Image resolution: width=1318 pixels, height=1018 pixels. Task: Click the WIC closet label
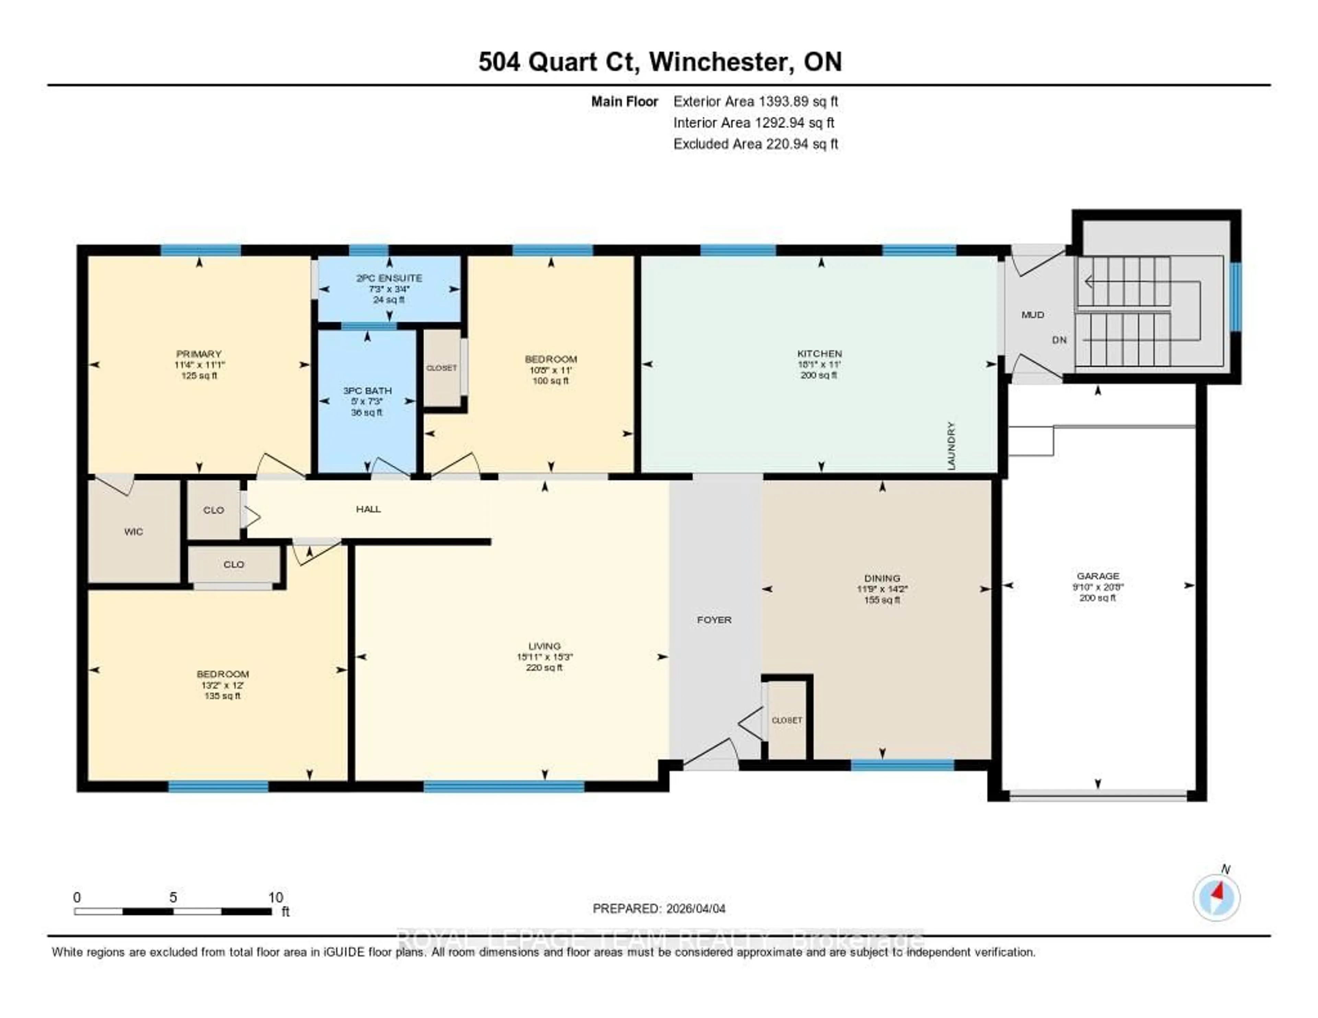click(134, 532)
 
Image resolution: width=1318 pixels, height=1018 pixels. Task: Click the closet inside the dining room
click(787, 720)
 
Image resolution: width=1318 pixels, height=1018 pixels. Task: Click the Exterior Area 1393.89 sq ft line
click(755, 101)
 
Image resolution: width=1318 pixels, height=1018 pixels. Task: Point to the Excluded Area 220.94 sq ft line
click(755, 143)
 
